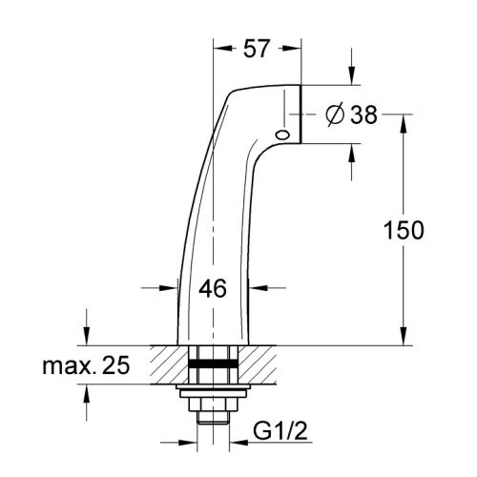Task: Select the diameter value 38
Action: coord(363,115)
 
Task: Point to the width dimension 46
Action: coord(214,288)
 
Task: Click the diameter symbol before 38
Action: coord(335,115)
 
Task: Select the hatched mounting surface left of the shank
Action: coord(168,364)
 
